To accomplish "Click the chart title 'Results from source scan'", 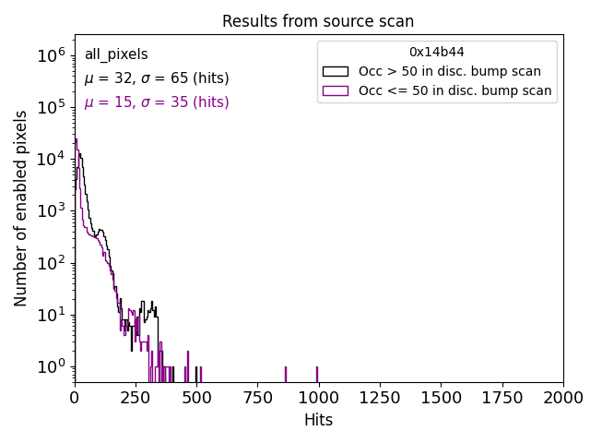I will tap(318, 21).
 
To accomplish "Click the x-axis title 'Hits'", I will tap(318, 420).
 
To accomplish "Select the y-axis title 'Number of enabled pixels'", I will tap(21, 209).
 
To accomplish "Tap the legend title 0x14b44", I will tap(436, 52).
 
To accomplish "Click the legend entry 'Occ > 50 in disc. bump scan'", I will tap(449, 71).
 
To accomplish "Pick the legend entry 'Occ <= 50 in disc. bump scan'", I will tap(454, 90).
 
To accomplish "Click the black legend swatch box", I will tap(335, 71).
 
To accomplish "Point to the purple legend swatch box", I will tap(335, 90).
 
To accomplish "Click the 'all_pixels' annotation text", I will tap(116, 54).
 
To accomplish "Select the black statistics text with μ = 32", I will tap(157, 78).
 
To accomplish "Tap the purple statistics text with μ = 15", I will tap(157, 102).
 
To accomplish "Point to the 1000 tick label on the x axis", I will tap(318, 398).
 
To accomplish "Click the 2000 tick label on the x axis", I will tap(562, 398).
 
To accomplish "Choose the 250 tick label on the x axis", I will tap(136, 398).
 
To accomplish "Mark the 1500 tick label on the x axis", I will tap(441, 398).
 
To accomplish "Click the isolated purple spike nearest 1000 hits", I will tap(317, 374).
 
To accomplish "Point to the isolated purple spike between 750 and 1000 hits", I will tap(286, 374).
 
